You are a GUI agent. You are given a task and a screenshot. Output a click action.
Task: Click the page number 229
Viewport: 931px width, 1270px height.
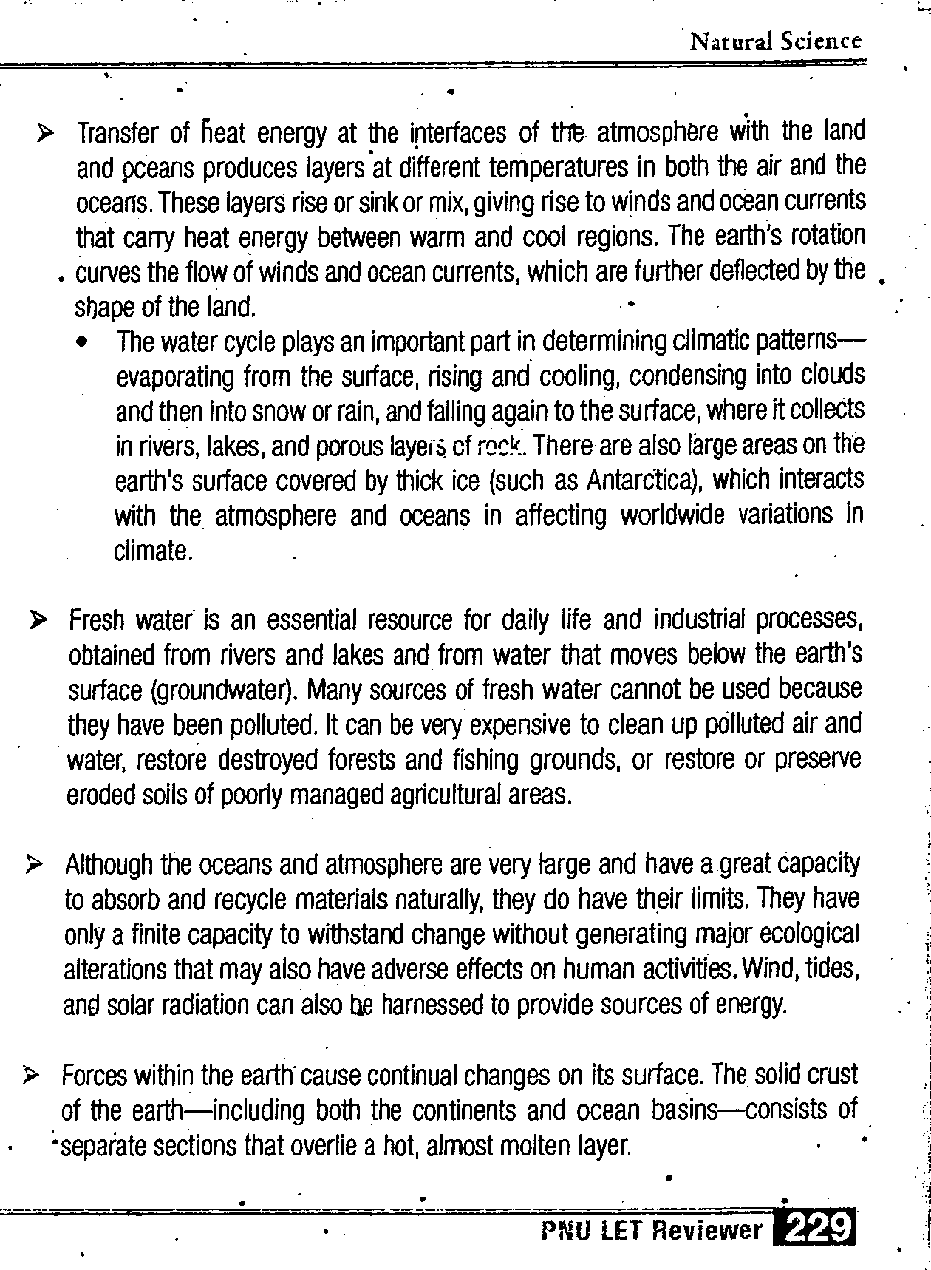[814, 1230]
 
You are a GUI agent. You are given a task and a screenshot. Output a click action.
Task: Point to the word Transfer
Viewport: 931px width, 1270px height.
[117, 135]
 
